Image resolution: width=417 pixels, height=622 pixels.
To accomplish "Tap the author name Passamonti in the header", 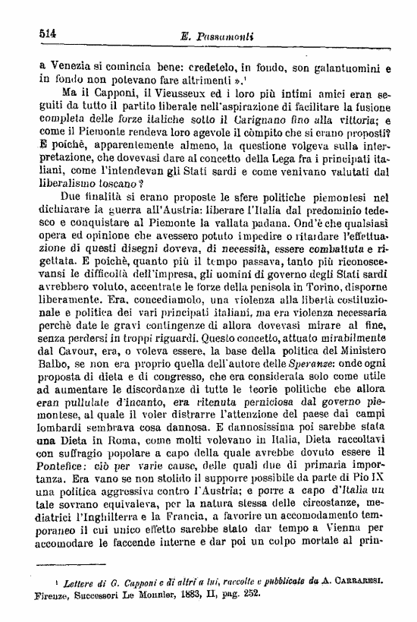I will point(233,36).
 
